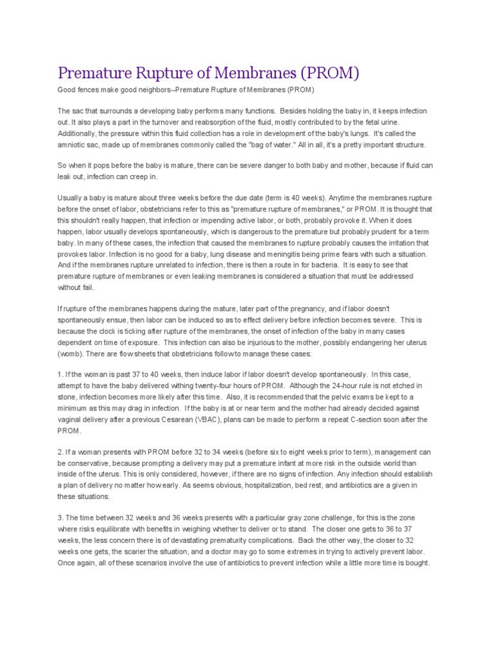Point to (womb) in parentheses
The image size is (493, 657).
pyautogui.click(x=70, y=354)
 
